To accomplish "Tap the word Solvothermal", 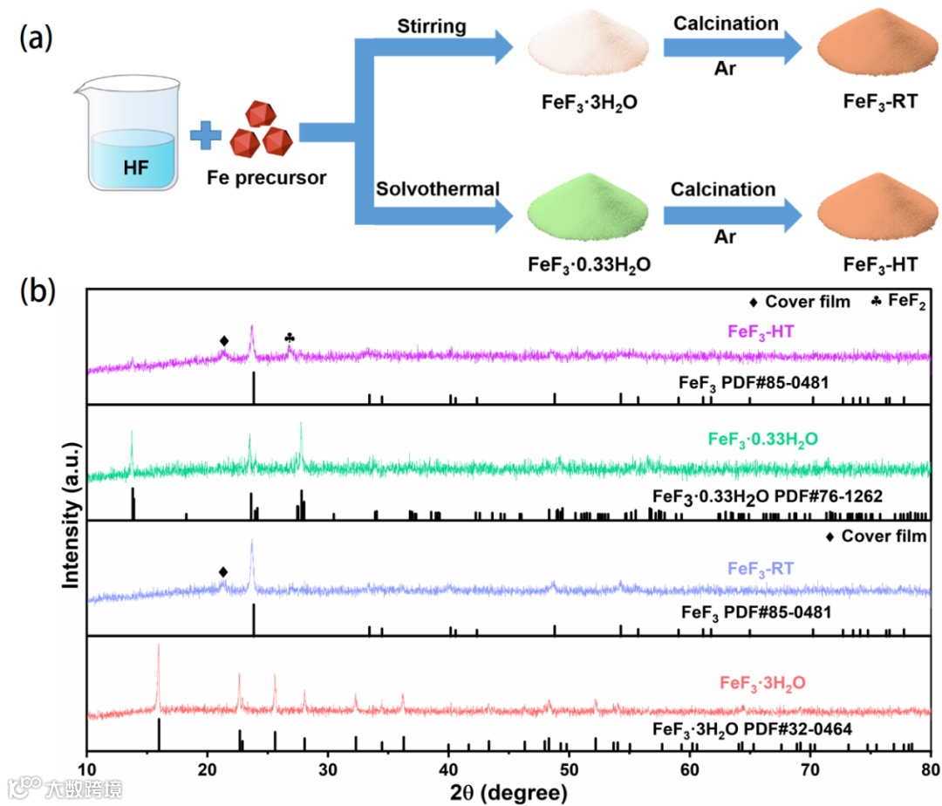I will click(x=438, y=188).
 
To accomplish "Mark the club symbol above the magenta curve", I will click(x=290, y=338).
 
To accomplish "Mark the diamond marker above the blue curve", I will click(x=223, y=571).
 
